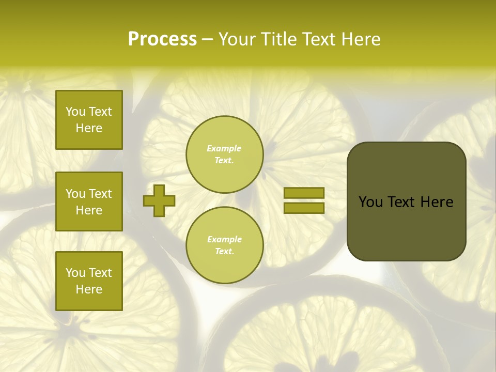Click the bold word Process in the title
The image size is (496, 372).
pyautogui.click(x=162, y=39)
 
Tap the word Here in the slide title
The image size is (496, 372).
pyautogui.click(x=361, y=39)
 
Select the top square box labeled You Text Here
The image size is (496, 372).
pyautogui.click(x=89, y=120)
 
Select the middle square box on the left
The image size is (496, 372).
pyautogui.click(x=89, y=202)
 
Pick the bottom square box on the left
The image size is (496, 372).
pyautogui.click(x=89, y=281)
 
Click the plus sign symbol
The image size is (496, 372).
pyautogui.click(x=159, y=200)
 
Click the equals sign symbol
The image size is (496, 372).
pyautogui.click(x=304, y=200)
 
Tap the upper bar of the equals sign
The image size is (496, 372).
pyautogui.click(x=304, y=193)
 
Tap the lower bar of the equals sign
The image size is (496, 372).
pyautogui.click(x=304, y=208)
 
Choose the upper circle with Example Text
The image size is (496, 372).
pyautogui.click(x=224, y=154)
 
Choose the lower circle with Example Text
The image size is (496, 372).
pyautogui.click(x=224, y=245)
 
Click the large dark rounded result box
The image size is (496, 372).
pyautogui.click(x=406, y=202)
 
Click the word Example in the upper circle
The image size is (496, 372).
pyautogui.click(x=224, y=149)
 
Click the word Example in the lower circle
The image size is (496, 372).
pyautogui.click(x=224, y=240)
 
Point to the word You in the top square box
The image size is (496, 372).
pyautogui.click(x=75, y=112)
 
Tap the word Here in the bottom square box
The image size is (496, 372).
pyautogui.click(x=89, y=289)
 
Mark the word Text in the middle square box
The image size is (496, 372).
pyautogui.click(x=100, y=194)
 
